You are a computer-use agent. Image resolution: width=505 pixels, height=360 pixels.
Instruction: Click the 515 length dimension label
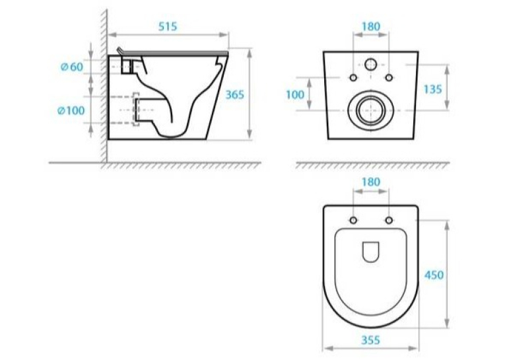click(168, 26)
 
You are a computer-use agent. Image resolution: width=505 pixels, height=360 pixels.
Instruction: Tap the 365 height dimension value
click(234, 94)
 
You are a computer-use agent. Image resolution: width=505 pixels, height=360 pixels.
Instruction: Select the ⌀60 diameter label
click(72, 67)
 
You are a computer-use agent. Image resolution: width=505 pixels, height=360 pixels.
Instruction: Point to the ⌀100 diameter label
click(71, 110)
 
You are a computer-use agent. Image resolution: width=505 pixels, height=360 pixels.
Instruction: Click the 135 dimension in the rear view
click(432, 89)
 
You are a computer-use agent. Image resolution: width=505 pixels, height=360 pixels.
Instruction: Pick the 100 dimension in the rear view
click(295, 94)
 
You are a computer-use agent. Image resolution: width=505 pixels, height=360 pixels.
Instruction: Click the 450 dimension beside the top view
click(434, 275)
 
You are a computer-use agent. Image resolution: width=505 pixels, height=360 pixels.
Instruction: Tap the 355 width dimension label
click(371, 340)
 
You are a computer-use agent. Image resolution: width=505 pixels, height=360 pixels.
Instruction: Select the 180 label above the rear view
click(371, 26)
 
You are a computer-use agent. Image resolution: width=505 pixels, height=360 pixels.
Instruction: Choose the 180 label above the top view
click(371, 182)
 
